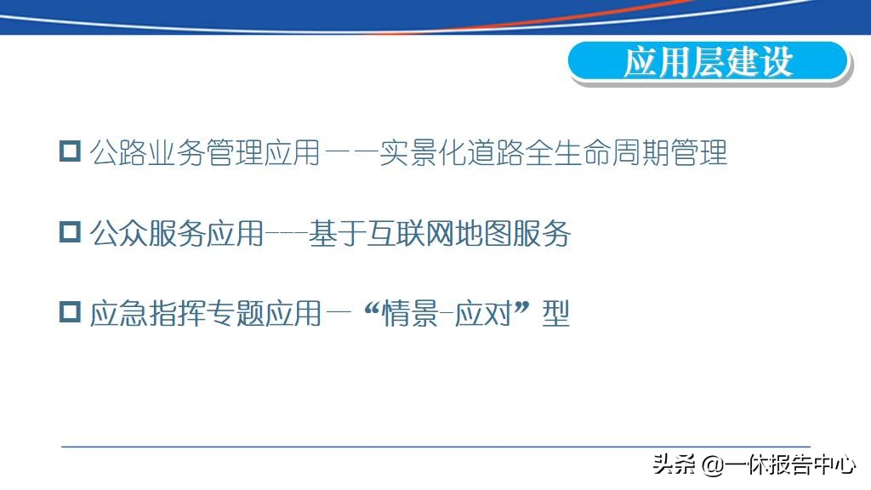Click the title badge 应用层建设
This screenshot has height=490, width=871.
point(708,62)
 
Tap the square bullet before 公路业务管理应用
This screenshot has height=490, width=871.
point(70,152)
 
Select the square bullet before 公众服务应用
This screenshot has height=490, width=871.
point(70,232)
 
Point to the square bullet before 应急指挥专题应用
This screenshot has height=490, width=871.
point(70,312)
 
